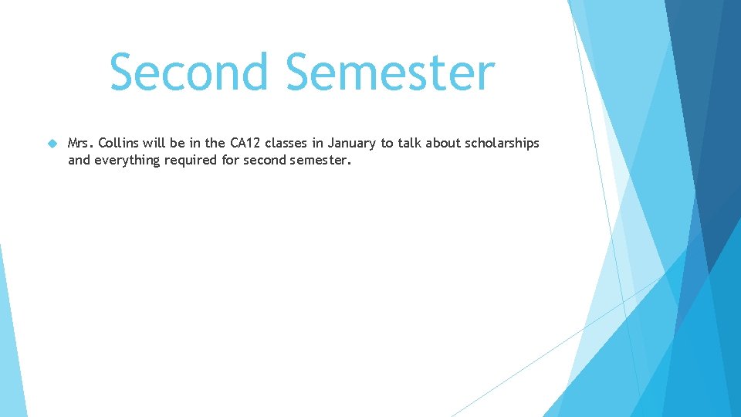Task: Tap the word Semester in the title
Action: tap(390, 72)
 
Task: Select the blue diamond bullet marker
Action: tap(52, 144)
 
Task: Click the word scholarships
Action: tap(505, 144)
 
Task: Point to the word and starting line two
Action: tap(79, 160)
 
